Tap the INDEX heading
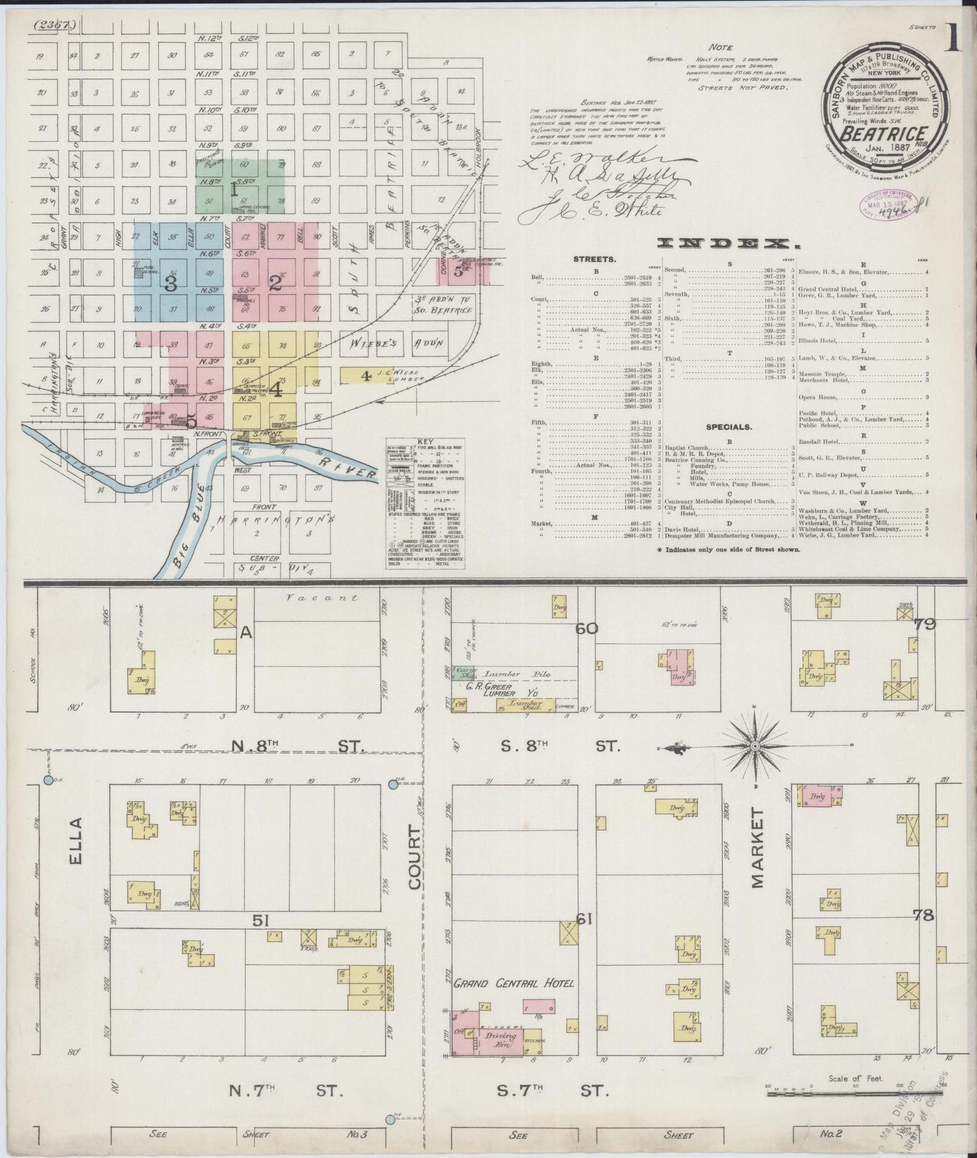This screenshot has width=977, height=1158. (725, 243)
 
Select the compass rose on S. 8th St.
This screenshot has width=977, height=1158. (755, 747)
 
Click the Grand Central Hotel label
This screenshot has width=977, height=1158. (514, 983)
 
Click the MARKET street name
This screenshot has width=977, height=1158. (757, 847)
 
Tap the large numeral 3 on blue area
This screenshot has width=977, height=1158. (171, 284)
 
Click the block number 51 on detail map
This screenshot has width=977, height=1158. (262, 920)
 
